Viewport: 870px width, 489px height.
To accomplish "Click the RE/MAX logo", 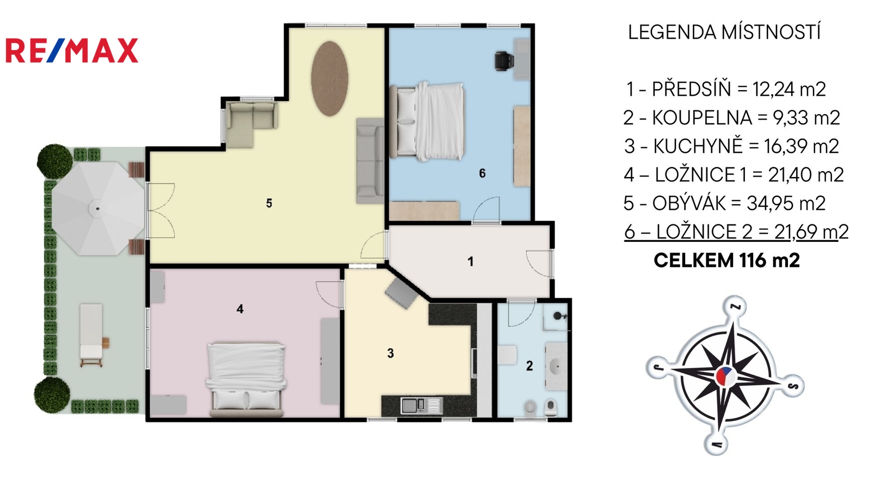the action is click(x=72, y=51).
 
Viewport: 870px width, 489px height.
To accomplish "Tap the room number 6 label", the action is click(x=482, y=173).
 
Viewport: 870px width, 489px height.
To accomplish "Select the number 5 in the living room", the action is click(x=269, y=203).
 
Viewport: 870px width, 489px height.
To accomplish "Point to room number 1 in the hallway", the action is click(x=471, y=262).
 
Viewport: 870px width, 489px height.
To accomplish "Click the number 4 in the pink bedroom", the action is click(x=240, y=309).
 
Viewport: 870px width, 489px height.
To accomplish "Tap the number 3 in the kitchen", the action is click(x=390, y=353).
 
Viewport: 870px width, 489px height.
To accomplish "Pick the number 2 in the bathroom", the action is click(x=530, y=366).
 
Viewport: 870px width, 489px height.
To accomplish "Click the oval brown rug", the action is click(x=330, y=78).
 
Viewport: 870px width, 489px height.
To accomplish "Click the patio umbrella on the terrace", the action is click(x=97, y=209).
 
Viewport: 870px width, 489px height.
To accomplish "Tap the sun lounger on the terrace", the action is click(x=92, y=335).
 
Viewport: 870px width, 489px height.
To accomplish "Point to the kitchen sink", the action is click(x=421, y=405).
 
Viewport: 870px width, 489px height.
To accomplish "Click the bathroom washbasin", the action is click(x=555, y=366).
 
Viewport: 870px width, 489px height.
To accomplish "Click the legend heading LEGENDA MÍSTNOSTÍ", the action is click(x=724, y=32).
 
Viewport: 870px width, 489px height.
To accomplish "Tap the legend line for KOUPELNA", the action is click(x=732, y=117).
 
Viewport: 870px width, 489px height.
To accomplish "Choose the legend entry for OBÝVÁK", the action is click(x=725, y=203).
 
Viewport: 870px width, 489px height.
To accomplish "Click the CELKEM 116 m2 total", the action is click(x=726, y=260).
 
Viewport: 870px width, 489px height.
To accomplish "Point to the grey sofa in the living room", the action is click(x=370, y=161).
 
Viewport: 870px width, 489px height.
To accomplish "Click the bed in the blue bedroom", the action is click(x=427, y=121).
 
